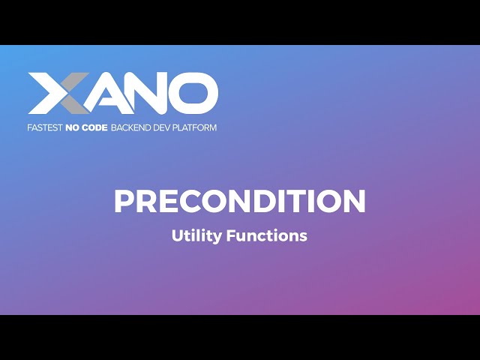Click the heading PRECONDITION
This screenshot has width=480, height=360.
(240, 201)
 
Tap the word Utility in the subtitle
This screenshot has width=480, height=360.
(194, 235)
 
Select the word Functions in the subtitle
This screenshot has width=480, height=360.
(268, 235)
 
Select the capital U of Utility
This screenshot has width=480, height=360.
(177, 235)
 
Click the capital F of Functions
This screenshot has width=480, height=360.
(232, 235)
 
